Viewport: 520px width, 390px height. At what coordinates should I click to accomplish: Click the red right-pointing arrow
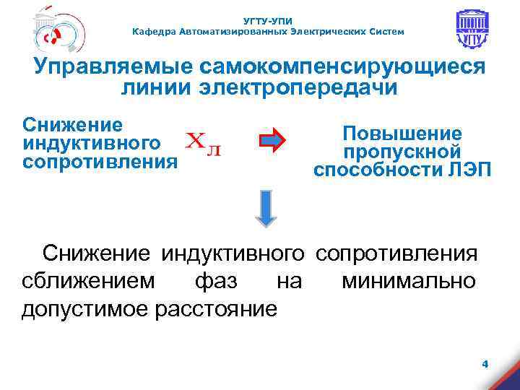point(273,142)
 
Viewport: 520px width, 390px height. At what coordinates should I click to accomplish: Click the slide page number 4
point(485,365)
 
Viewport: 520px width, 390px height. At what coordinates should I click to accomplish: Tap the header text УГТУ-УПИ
point(268,21)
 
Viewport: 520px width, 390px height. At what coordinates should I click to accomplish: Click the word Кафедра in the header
point(154,32)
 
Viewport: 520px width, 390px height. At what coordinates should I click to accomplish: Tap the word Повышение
point(402,134)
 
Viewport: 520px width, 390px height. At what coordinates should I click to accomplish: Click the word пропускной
point(402,152)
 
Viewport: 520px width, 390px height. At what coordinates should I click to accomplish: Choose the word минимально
point(409,281)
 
